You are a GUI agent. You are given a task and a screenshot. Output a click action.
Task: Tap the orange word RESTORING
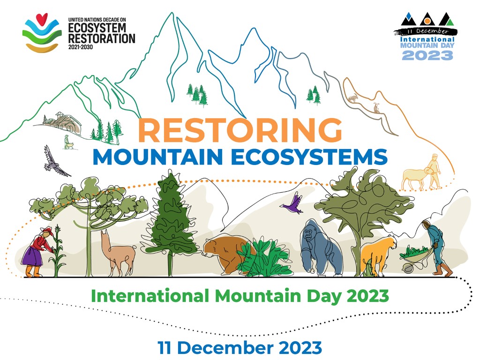(240, 130)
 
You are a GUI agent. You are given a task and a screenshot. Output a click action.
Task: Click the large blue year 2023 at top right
(427, 55)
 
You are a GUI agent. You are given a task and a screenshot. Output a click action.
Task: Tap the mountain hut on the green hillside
(63, 123)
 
